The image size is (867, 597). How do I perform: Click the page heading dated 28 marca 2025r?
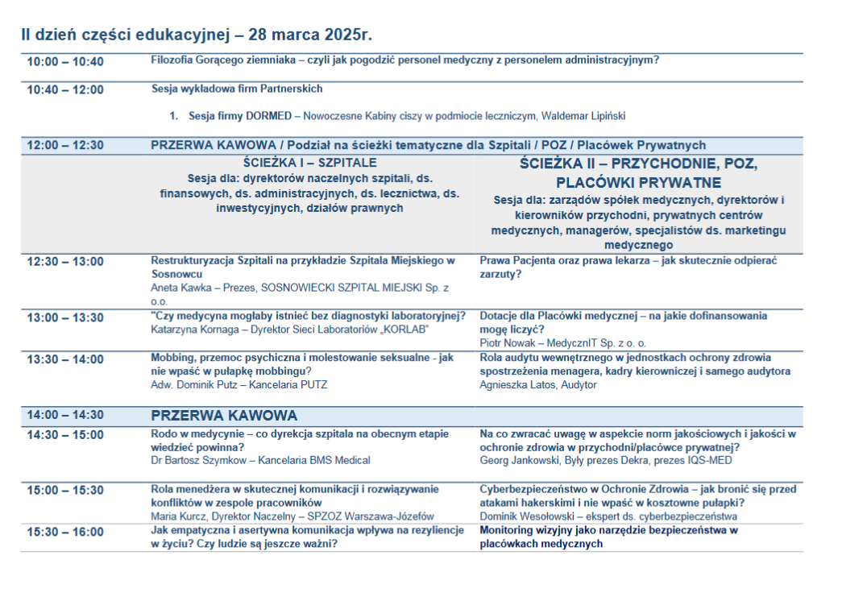click(196, 35)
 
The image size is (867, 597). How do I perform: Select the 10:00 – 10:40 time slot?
click(65, 62)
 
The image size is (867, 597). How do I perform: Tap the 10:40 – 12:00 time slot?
click(65, 89)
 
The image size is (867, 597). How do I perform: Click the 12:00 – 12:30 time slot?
click(65, 146)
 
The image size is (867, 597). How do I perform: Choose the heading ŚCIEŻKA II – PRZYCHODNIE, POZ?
click(638, 164)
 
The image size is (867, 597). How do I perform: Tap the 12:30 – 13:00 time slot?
click(65, 261)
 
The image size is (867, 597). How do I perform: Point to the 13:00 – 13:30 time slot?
click(65, 317)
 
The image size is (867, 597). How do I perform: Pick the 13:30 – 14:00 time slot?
click(65, 359)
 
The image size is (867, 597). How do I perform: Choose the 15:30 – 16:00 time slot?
click(65, 532)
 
